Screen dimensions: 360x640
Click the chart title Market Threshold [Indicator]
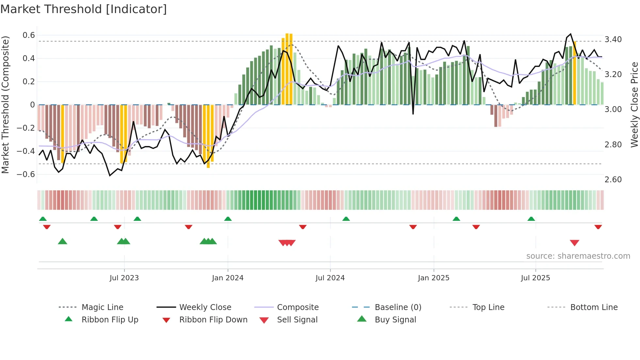(84, 9)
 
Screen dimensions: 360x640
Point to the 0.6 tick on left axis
(29, 35)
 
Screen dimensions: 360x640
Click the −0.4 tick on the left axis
(26, 151)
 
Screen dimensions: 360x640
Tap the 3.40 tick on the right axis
(613, 40)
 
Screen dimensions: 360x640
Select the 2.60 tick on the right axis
(613, 179)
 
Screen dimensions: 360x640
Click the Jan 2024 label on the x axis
(228, 278)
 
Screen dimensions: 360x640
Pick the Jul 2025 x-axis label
(535, 278)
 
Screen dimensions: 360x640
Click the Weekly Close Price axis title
(634, 105)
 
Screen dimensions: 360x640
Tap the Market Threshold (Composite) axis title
(5, 105)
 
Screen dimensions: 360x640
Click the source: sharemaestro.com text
(578, 256)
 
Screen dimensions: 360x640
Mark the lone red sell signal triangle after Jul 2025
(574, 243)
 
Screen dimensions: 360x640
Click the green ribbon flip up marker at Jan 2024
(228, 219)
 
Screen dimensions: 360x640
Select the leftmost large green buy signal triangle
(62, 241)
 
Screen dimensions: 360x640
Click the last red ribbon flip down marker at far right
(598, 227)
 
